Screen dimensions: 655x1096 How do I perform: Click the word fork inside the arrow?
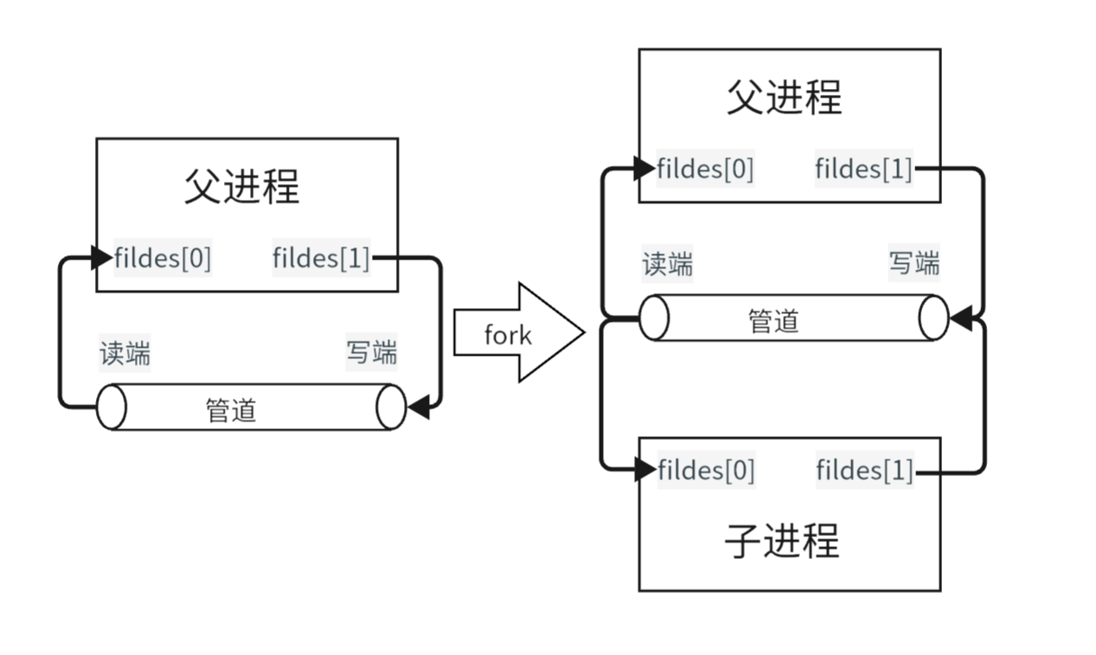point(508,334)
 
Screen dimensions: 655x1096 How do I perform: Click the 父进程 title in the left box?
point(241,186)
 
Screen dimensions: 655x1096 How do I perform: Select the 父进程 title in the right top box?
point(784,97)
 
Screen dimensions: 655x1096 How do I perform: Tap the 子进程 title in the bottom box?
point(782,542)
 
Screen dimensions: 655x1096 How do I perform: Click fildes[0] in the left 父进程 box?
point(163,258)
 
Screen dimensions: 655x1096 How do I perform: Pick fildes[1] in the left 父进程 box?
point(321,258)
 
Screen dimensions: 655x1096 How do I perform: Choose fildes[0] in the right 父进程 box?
point(705,169)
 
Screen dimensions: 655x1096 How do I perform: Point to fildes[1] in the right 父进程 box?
point(863,169)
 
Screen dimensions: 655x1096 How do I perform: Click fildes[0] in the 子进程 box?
point(706,471)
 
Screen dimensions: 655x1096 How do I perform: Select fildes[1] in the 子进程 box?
point(864,471)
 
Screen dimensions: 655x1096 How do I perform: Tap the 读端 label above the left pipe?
point(125,353)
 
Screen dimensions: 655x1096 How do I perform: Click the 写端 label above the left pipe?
point(372,353)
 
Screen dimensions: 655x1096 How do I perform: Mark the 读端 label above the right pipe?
point(667,264)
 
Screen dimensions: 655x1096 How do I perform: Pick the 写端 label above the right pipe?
point(914,263)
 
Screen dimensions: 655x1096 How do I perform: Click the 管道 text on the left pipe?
point(231,408)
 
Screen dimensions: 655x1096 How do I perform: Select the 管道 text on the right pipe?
point(773,321)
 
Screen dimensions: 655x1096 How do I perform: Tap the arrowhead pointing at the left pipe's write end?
point(418,407)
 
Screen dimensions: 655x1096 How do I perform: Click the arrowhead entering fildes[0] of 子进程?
point(645,470)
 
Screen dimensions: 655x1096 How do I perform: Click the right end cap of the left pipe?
point(391,407)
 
